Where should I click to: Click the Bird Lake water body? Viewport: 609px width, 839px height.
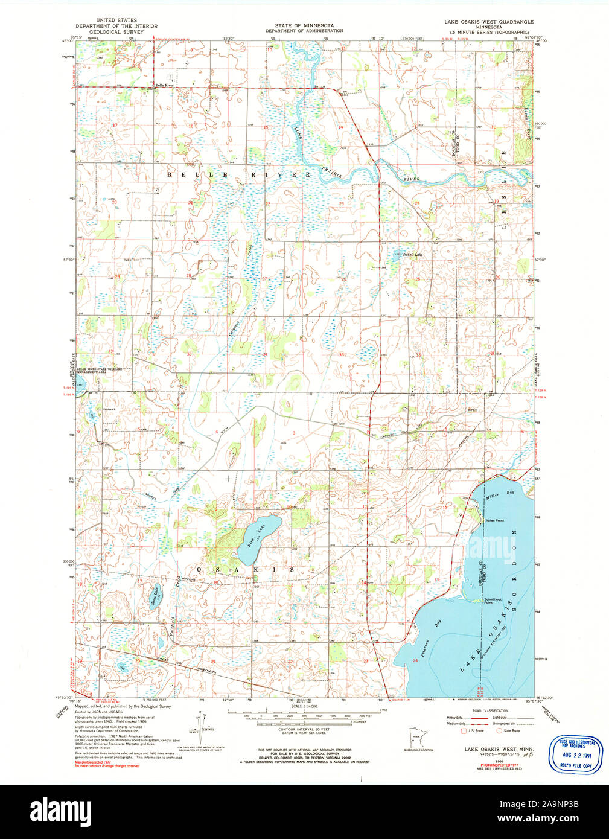click(261, 532)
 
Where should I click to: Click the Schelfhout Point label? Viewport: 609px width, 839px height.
click(493, 601)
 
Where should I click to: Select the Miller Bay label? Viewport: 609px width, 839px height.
click(500, 496)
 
